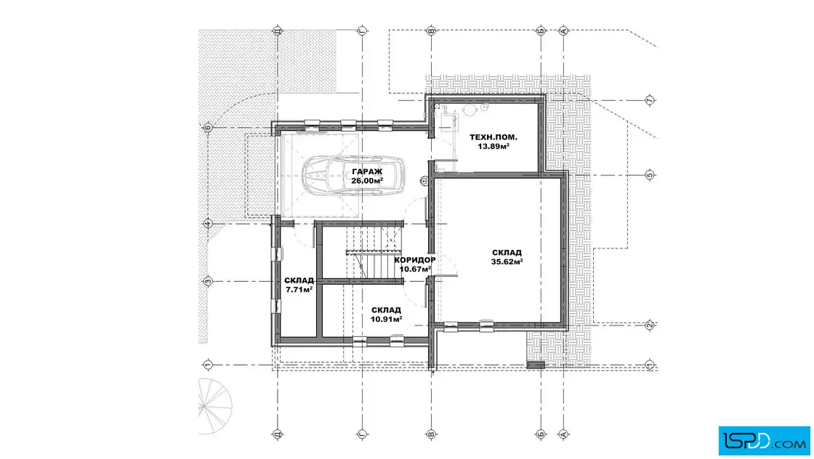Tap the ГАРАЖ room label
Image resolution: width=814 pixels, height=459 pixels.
tap(367, 171)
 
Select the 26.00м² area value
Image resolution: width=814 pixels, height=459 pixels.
tap(367, 181)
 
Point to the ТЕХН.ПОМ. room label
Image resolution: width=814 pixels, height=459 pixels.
tap(493, 137)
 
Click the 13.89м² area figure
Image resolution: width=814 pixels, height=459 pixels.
tap(493, 146)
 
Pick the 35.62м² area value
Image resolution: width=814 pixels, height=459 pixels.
tap(507, 262)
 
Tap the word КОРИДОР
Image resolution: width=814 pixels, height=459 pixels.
tap(415, 260)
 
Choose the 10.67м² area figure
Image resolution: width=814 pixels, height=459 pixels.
tap(415, 269)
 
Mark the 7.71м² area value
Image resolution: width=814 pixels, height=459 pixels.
tap(299, 289)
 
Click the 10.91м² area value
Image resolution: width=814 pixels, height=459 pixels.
tap(386, 319)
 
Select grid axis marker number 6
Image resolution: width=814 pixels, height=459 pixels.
tap(208, 128)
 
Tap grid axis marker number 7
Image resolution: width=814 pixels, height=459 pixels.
tap(650, 100)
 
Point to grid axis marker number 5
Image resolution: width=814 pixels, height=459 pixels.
tap(650, 175)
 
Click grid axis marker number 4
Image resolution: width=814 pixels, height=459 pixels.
tap(208, 224)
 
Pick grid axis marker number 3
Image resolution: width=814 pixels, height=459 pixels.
tap(208, 282)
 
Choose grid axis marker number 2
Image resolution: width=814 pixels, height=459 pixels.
tap(650, 325)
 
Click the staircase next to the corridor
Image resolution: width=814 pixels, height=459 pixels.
tap(375, 253)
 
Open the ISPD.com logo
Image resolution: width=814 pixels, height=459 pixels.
tap(764, 441)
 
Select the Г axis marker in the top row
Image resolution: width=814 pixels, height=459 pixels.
tap(363, 31)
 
